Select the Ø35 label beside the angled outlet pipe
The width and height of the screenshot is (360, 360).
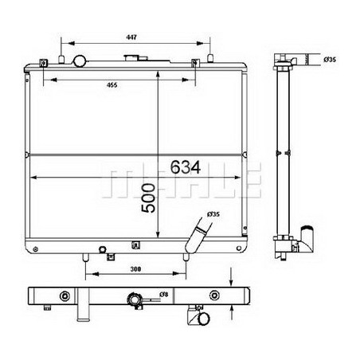coord(213,214)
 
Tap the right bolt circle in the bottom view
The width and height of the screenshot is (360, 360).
coord(212,297)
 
